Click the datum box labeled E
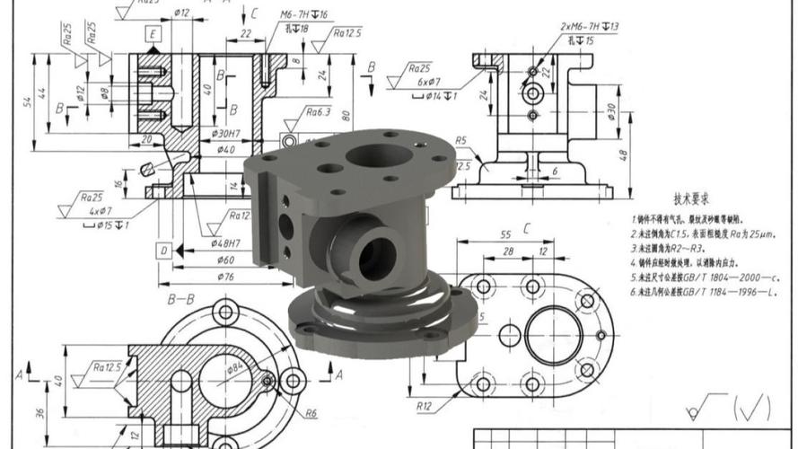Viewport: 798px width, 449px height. (x=154, y=35)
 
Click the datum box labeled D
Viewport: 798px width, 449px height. (x=163, y=251)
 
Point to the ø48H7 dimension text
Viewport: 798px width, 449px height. (x=226, y=244)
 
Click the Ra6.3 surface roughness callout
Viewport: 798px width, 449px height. (x=318, y=112)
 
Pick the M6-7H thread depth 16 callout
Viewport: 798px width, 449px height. (x=303, y=15)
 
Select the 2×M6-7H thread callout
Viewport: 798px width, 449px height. (x=589, y=27)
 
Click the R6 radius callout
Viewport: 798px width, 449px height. (x=310, y=413)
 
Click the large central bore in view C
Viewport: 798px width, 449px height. (x=553, y=335)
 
